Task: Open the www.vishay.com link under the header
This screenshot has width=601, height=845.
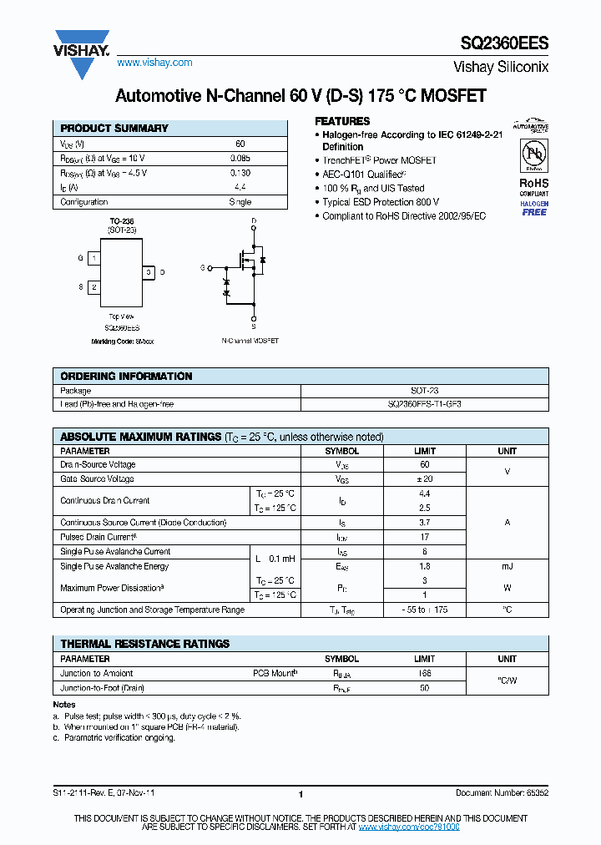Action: (154, 63)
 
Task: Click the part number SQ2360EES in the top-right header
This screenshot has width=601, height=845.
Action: (504, 43)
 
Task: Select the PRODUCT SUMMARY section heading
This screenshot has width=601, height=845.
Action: (114, 129)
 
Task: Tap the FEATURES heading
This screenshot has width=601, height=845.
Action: (342, 121)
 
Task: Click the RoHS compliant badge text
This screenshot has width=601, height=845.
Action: (534, 184)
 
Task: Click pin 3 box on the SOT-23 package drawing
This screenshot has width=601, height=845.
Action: (148, 272)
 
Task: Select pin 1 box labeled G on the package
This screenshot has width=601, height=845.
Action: (94, 259)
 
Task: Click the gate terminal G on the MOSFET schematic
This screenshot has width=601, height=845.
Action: (203, 268)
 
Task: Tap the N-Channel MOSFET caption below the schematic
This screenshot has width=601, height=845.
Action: (250, 342)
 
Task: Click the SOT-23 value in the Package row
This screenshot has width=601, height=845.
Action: (424, 391)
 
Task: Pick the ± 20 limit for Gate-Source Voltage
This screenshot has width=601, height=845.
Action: (424, 479)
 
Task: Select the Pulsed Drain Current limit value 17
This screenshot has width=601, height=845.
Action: (424, 537)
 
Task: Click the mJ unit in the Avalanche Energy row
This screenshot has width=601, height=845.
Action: (507, 566)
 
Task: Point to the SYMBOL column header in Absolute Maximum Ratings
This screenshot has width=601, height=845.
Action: (341, 451)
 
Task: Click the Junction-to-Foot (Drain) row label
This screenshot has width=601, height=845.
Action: (102, 688)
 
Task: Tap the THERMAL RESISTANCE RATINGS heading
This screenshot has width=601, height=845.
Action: (144, 644)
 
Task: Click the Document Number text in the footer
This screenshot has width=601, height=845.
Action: (502, 793)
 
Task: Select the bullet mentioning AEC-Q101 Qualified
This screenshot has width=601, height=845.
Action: (363, 174)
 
